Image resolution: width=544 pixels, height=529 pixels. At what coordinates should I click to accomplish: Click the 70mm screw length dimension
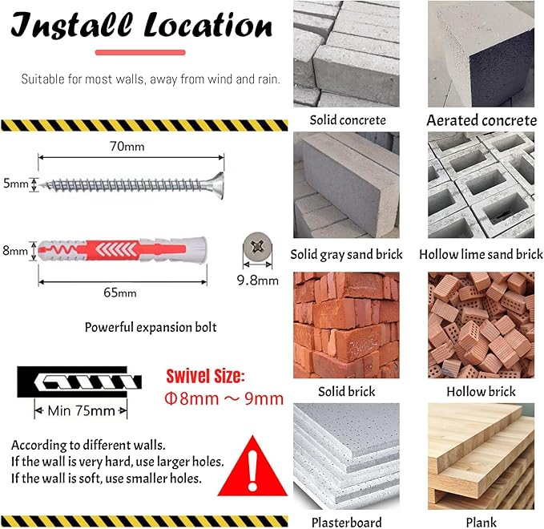tap(127, 147)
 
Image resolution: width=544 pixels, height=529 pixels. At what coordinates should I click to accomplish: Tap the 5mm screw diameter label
tap(15, 183)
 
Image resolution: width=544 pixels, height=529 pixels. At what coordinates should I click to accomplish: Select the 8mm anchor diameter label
tap(15, 250)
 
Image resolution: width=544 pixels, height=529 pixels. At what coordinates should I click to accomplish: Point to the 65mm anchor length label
tap(120, 293)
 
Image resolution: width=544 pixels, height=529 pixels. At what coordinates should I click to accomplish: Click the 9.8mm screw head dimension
tap(258, 280)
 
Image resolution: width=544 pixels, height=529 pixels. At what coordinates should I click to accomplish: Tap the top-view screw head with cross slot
tap(257, 247)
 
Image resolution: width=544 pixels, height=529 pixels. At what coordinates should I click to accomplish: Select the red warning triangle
tap(253, 466)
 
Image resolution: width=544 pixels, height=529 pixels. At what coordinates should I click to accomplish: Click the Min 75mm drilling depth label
tap(81, 411)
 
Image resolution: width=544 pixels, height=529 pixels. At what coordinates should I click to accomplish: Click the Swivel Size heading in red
tap(205, 376)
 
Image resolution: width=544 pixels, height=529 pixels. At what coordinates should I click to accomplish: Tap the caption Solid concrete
tap(348, 120)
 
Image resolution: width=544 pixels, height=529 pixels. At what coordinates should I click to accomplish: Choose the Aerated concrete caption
tap(482, 120)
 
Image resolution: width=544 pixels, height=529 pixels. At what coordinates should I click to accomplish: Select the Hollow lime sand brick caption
tap(481, 254)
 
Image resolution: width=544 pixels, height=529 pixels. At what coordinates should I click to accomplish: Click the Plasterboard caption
tap(347, 522)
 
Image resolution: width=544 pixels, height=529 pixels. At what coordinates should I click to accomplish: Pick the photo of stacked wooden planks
tap(481, 456)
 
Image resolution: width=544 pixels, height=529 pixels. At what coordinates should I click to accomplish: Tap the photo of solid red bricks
tap(346, 325)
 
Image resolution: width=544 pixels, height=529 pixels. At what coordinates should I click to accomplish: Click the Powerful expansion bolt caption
tap(151, 327)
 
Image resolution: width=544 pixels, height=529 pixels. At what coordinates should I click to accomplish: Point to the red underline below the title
tap(140, 52)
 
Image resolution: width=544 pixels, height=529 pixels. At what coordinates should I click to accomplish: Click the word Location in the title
tap(208, 26)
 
